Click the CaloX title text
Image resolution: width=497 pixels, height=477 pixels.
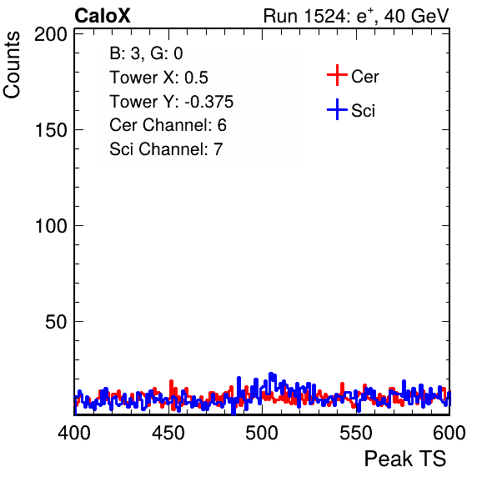pyautogui.click(x=103, y=16)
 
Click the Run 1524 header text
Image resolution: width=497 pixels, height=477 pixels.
pyautogui.click(x=356, y=16)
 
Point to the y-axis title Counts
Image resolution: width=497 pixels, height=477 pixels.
pyautogui.click(x=12, y=65)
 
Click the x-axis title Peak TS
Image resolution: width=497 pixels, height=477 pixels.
pyautogui.click(x=405, y=459)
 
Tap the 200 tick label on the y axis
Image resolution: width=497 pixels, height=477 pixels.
pyautogui.click(x=51, y=34)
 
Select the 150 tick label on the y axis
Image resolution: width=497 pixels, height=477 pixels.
pyautogui.click(x=51, y=130)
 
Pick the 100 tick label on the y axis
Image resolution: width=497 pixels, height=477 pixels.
pyautogui.click(x=51, y=226)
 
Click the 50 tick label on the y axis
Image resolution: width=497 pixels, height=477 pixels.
pyautogui.click(x=56, y=322)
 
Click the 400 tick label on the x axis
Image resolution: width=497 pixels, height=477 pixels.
pyautogui.click(x=74, y=433)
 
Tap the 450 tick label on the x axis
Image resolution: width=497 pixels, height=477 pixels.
pyautogui.click(x=168, y=433)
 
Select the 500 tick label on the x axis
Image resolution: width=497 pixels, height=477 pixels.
pyautogui.click(x=262, y=433)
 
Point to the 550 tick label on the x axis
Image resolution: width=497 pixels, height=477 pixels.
pyautogui.click(x=355, y=433)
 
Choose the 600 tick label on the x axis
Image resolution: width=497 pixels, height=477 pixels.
pyautogui.click(x=449, y=433)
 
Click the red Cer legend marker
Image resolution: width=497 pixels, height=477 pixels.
pyautogui.click(x=337, y=75)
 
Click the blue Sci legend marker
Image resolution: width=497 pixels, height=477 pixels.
pyautogui.click(x=337, y=110)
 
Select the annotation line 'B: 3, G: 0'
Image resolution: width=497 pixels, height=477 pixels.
pyautogui.click(x=146, y=53)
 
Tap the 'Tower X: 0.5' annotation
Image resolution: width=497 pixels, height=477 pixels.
pyautogui.click(x=158, y=78)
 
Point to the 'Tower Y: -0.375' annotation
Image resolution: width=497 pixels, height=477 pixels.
pyautogui.click(x=172, y=102)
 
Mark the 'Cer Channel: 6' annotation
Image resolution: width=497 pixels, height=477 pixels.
pyautogui.click(x=168, y=125)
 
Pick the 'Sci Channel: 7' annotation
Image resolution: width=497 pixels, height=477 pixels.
pyautogui.click(x=166, y=149)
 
